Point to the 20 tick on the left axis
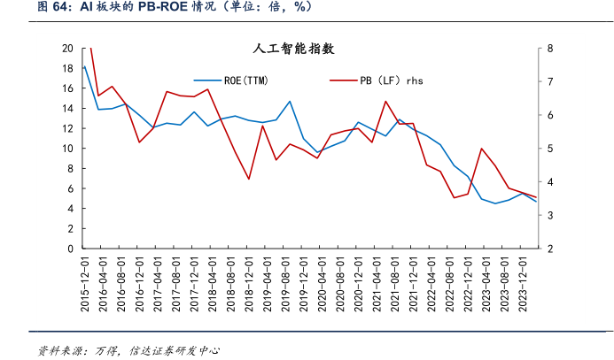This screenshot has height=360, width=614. click(x=67, y=49)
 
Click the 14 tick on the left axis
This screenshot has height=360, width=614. click(x=67, y=109)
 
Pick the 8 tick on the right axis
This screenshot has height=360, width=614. click(x=550, y=49)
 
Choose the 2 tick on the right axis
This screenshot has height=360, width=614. click(x=550, y=249)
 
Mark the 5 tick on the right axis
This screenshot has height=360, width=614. click(x=550, y=149)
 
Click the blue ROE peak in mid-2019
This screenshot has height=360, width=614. click(x=290, y=101)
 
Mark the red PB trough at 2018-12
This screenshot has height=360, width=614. click(x=249, y=179)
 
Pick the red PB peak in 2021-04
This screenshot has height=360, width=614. click(x=385, y=101)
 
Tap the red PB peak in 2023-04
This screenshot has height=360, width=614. click(x=481, y=149)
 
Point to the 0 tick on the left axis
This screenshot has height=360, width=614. click(x=70, y=249)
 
